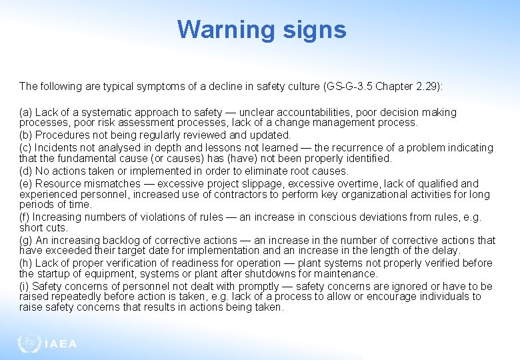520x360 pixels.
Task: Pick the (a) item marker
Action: [x=26, y=113]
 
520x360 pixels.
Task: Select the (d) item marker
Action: [x=26, y=171]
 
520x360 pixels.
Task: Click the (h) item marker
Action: [x=26, y=263]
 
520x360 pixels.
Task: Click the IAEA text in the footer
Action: [x=61, y=345]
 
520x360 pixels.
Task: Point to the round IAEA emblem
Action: [x=29, y=344]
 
